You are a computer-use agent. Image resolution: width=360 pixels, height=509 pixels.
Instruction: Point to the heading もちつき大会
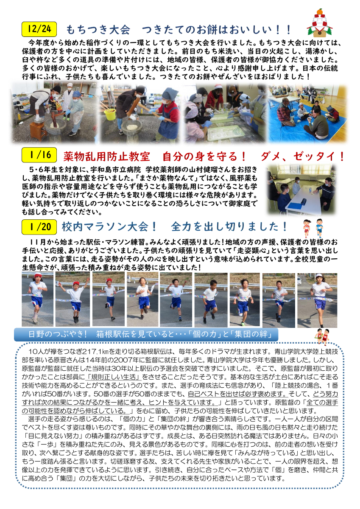click(x=98, y=30)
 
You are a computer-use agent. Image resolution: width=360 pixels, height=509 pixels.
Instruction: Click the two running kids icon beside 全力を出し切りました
click(x=313, y=228)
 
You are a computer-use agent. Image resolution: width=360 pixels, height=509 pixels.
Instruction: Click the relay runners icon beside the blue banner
click(x=324, y=336)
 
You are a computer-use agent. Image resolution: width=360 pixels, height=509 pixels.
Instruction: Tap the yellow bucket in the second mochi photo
click(x=109, y=114)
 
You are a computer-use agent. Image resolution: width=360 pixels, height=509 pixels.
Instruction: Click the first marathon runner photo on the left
click(x=37, y=299)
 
